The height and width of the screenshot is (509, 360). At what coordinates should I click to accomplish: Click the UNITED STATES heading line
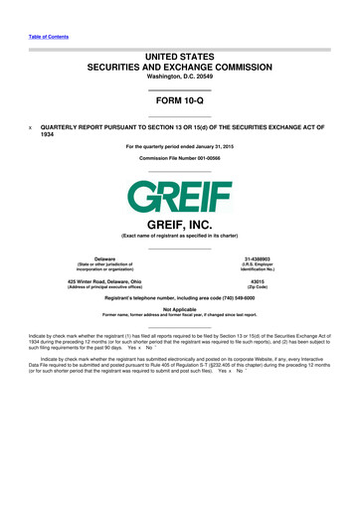179,61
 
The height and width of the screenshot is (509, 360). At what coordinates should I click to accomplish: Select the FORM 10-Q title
179,101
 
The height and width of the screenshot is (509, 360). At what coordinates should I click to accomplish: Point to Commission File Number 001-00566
179,158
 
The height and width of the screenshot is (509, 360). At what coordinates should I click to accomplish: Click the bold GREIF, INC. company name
179,226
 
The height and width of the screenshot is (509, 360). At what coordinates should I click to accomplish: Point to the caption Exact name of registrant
179,235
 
